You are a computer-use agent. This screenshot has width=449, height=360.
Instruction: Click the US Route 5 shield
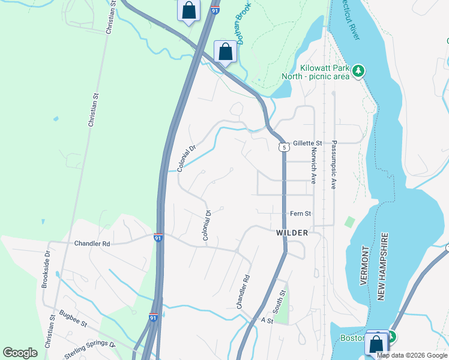[283, 147]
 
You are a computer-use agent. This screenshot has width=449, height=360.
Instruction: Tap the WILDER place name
[292, 233]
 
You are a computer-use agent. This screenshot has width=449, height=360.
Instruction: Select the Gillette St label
[307, 143]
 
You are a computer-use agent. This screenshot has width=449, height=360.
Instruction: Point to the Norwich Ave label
[313, 166]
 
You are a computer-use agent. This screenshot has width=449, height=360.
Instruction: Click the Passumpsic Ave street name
[333, 165]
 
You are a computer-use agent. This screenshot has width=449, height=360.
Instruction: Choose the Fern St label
[300, 214]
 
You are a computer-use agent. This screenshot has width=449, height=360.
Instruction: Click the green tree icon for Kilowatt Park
[359, 71]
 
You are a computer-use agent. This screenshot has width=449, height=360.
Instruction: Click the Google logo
[20, 353]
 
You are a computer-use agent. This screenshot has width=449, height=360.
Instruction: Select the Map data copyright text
[411, 355]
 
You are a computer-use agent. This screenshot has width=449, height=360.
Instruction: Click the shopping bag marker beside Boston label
[377, 344]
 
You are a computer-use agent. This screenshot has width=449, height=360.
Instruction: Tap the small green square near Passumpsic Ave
[349, 221]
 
